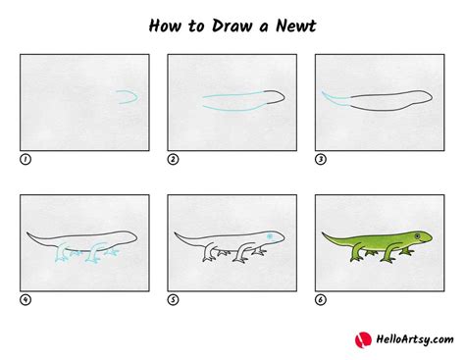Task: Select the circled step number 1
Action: click(24, 157)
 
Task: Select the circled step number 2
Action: click(172, 157)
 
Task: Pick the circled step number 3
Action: click(320, 157)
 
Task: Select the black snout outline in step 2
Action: click(280, 96)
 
